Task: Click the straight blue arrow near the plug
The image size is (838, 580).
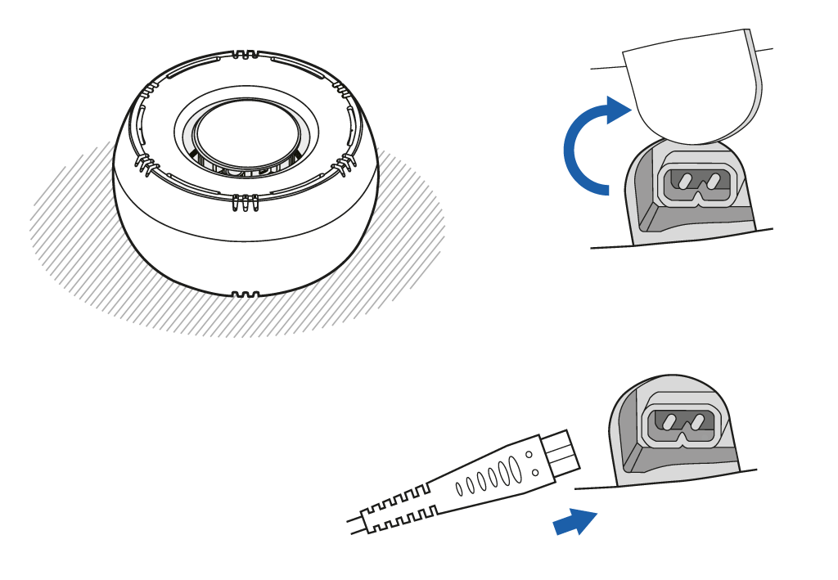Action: tap(575, 522)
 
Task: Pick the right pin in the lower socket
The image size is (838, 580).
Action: tap(698, 422)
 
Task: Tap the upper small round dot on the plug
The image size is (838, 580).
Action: tap(529, 453)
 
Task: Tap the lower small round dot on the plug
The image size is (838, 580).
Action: tap(535, 472)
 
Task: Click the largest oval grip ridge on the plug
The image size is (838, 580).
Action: tap(516, 470)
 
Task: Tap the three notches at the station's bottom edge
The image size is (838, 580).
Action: tap(246, 293)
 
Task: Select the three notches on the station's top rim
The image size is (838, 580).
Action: tap(245, 56)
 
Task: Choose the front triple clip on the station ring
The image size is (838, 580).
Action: tap(245, 200)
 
